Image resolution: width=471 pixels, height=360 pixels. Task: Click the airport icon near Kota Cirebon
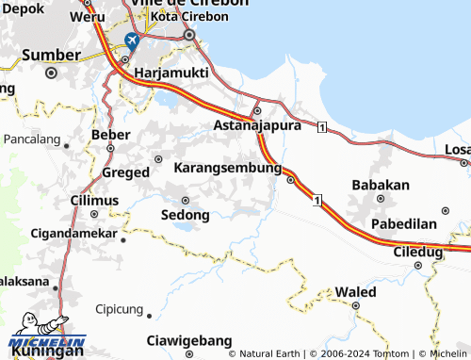coord(131,41)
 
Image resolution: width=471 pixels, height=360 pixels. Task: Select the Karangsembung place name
coord(228,168)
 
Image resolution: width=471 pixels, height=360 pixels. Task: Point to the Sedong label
coord(185,214)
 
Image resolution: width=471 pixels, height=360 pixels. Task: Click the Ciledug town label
coord(418,252)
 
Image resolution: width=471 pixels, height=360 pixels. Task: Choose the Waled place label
coord(356,292)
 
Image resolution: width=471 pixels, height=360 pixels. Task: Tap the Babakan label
coord(380,185)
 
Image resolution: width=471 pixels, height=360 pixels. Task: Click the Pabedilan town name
coord(403,224)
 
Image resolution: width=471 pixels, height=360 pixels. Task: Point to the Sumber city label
coord(51,55)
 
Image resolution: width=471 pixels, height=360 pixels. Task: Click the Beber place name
coord(111,135)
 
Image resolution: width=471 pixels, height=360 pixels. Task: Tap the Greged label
coord(125,172)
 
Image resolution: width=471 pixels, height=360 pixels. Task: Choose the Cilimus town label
coord(95,201)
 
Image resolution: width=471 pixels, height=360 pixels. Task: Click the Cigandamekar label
coord(73,232)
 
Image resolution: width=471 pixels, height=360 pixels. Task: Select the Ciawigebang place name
coord(189,340)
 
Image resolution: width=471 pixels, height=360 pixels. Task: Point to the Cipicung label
coord(119,309)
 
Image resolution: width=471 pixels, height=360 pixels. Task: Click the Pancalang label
coord(32,139)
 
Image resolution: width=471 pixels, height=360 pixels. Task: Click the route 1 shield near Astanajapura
coord(322,127)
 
